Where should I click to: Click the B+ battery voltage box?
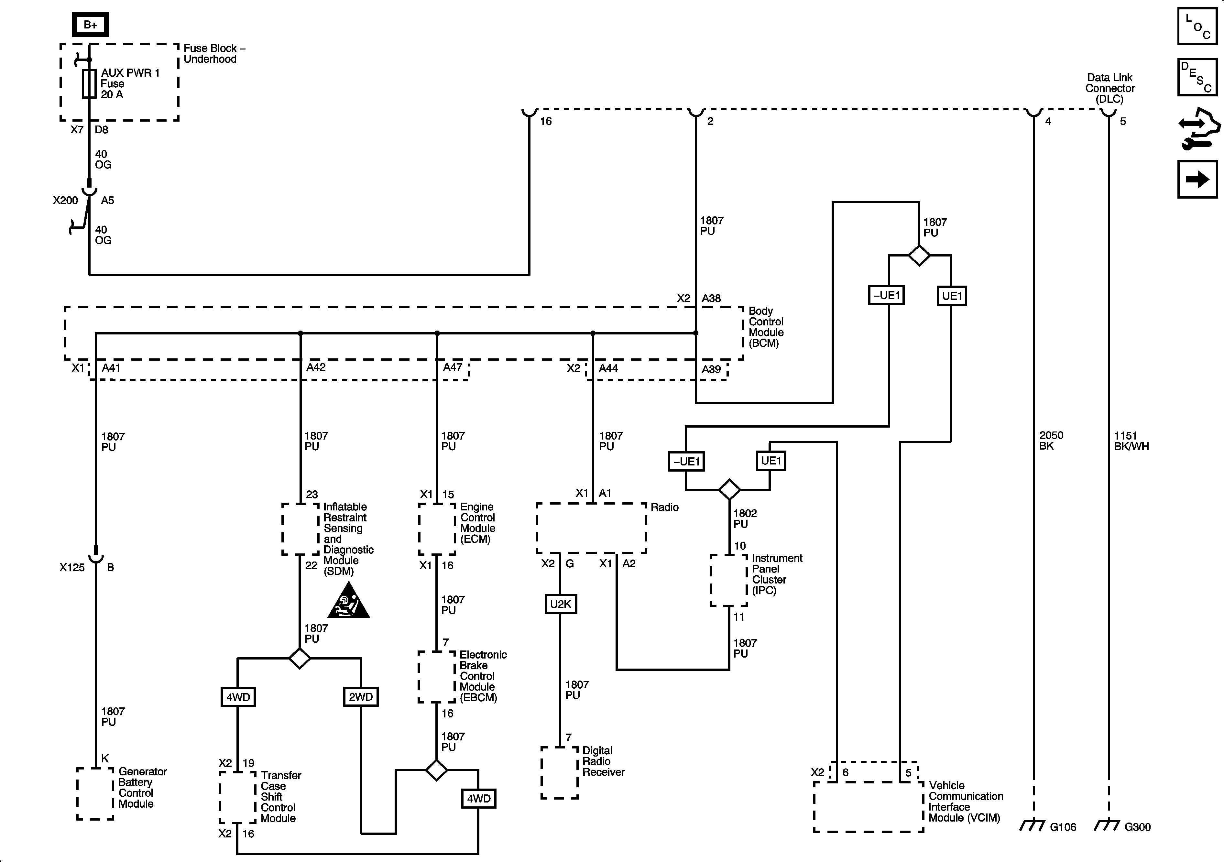click(91, 25)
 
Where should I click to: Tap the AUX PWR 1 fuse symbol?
click(89, 84)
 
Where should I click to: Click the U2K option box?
click(560, 604)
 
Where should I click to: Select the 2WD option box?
click(360, 697)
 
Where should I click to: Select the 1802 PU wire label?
click(745, 518)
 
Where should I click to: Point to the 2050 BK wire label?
click(1051, 440)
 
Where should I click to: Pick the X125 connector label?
click(72, 568)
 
